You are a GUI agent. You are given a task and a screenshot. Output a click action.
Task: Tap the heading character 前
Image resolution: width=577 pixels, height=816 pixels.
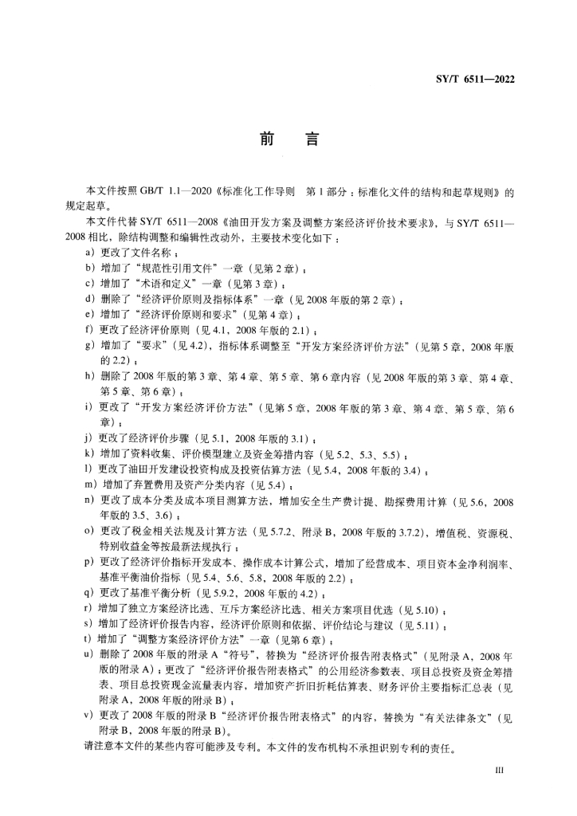(x=267, y=140)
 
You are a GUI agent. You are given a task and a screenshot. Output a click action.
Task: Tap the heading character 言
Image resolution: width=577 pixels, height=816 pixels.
(x=311, y=140)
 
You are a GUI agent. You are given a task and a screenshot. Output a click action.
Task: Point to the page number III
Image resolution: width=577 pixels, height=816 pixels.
(x=501, y=771)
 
